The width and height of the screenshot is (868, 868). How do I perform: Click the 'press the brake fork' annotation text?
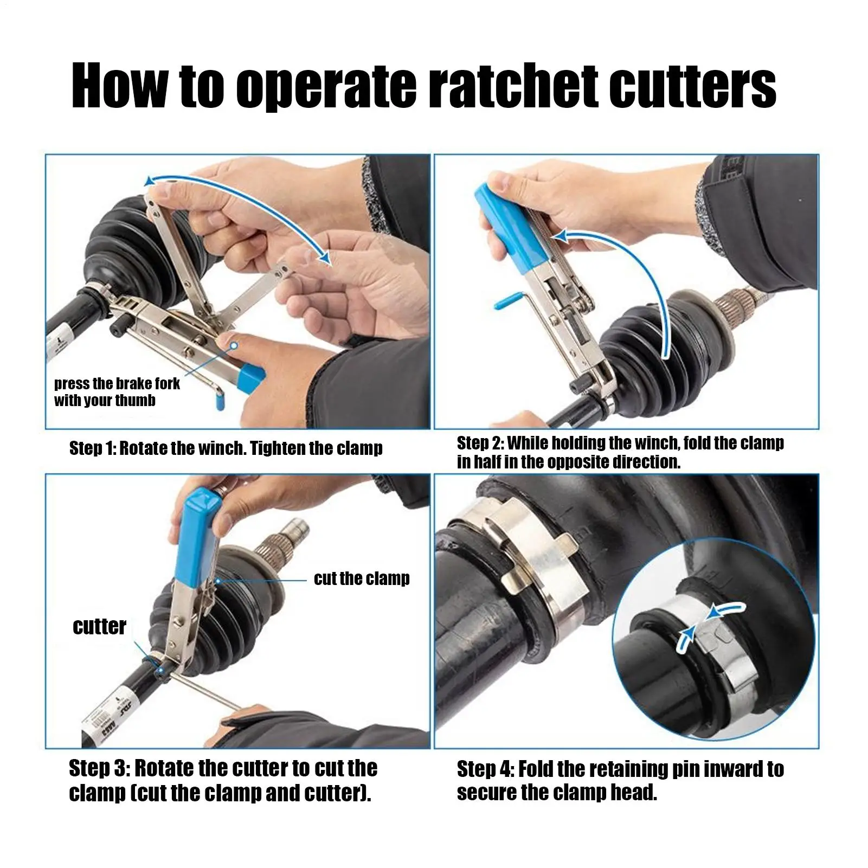117,384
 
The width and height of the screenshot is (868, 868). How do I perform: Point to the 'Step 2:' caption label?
480,443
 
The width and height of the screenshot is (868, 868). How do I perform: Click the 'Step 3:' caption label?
99,768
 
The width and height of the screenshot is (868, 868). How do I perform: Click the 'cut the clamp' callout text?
362,578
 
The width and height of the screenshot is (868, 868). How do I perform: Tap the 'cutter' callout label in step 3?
99,626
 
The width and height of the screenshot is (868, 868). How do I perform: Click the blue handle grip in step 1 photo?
250,376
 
